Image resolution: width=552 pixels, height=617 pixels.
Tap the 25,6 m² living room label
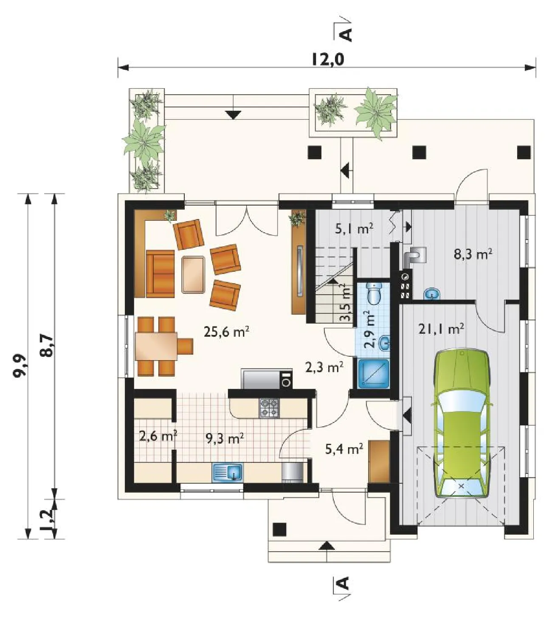pyautogui.click(x=227, y=332)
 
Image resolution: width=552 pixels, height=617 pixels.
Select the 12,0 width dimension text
pyautogui.click(x=328, y=59)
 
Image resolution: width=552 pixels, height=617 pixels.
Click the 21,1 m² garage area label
pyautogui.click(x=442, y=329)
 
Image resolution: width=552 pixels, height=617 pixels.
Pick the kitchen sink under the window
pyautogui.click(x=228, y=473)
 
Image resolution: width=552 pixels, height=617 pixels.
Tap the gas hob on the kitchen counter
pyautogui.click(x=269, y=408)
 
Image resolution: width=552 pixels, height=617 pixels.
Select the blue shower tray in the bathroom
pyautogui.click(x=374, y=374)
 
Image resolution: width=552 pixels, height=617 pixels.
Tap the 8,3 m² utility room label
pyautogui.click(x=473, y=255)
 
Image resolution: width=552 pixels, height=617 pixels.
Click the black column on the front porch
pyautogui.click(x=279, y=530)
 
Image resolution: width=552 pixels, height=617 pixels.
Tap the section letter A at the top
pyautogui.click(x=346, y=34)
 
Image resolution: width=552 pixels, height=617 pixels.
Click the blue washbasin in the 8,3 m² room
pyautogui.click(x=431, y=294)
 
